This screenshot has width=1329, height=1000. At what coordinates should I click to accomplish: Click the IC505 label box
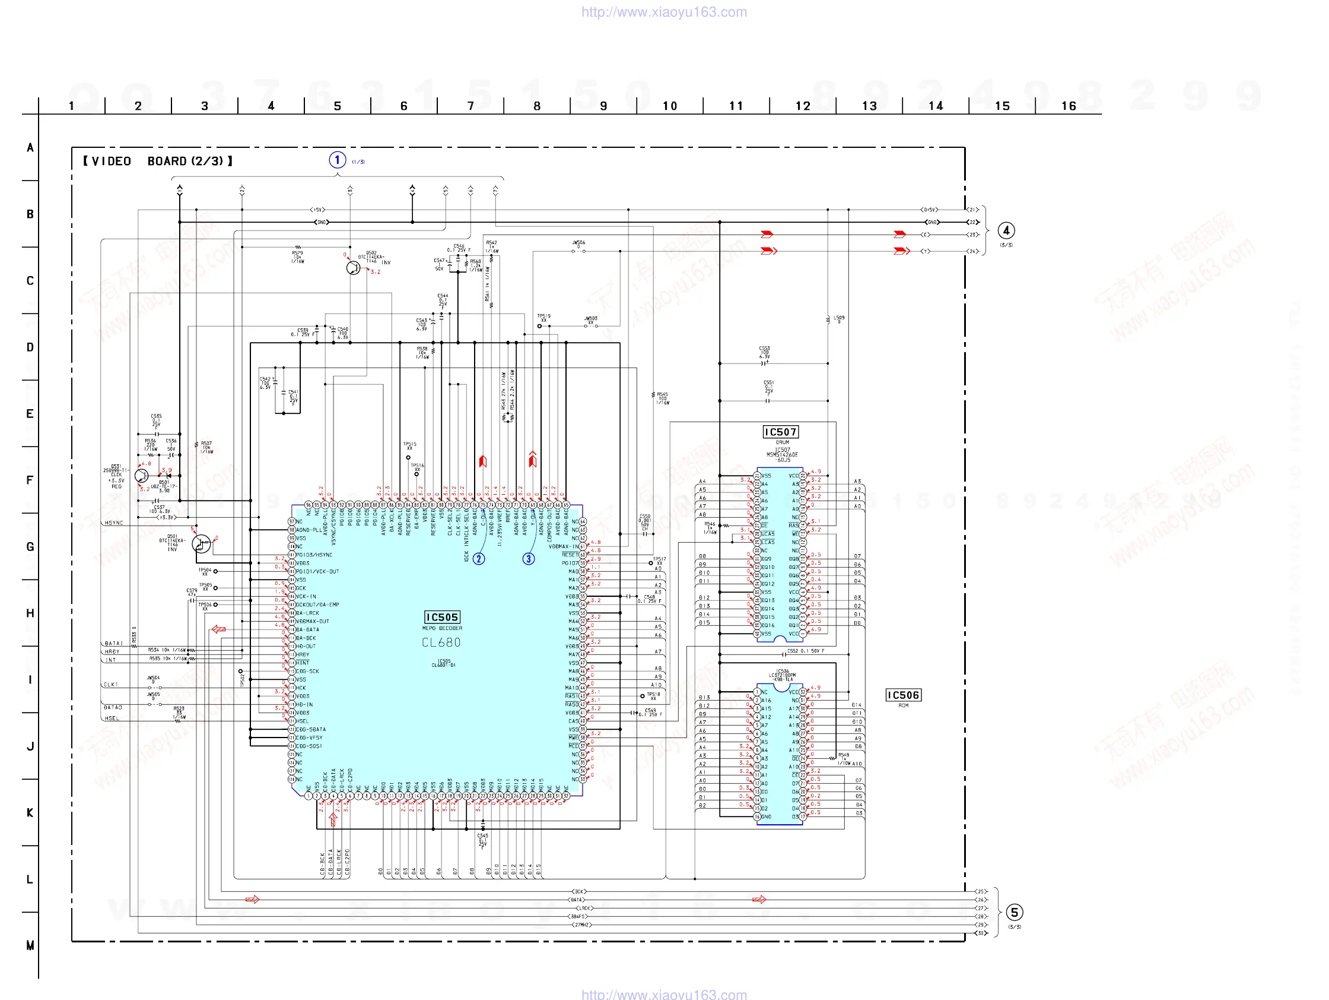pyautogui.click(x=442, y=618)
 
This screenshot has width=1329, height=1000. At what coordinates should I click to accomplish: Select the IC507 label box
pyautogui.click(x=780, y=432)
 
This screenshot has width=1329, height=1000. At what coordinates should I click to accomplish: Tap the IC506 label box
pyautogui.click(x=903, y=695)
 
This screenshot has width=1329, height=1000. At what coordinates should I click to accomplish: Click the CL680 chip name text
pyautogui.click(x=441, y=642)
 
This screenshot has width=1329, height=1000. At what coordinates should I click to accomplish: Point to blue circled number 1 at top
pyautogui.click(x=338, y=160)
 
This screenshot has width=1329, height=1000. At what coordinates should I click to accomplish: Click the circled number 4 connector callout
pyautogui.click(x=1006, y=231)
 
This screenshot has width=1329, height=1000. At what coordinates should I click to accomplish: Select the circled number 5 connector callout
pyautogui.click(x=1014, y=913)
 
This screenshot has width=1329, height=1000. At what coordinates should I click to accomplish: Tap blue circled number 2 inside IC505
pyautogui.click(x=479, y=559)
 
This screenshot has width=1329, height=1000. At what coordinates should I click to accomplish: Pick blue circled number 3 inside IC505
pyautogui.click(x=529, y=559)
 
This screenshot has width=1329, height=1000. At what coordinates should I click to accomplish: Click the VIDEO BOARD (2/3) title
pyautogui.click(x=158, y=161)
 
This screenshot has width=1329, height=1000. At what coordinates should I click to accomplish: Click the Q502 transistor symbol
pyautogui.click(x=353, y=268)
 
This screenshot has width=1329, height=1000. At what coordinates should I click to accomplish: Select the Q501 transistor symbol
pyautogui.click(x=201, y=543)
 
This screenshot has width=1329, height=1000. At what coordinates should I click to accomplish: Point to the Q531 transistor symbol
pyautogui.click(x=142, y=476)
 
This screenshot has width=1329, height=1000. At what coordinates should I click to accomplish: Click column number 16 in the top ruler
pyautogui.click(x=1069, y=106)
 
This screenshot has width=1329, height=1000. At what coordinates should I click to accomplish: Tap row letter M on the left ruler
pyautogui.click(x=30, y=945)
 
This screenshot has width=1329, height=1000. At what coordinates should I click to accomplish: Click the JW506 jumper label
pyautogui.click(x=578, y=243)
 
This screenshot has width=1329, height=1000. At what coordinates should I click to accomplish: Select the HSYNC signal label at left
pyautogui.click(x=113, y=523)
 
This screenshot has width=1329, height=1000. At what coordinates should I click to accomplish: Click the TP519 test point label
pyautogui.click(x=543, y=316)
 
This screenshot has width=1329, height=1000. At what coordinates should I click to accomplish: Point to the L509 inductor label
pyautogui.click(x=839, y=318)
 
